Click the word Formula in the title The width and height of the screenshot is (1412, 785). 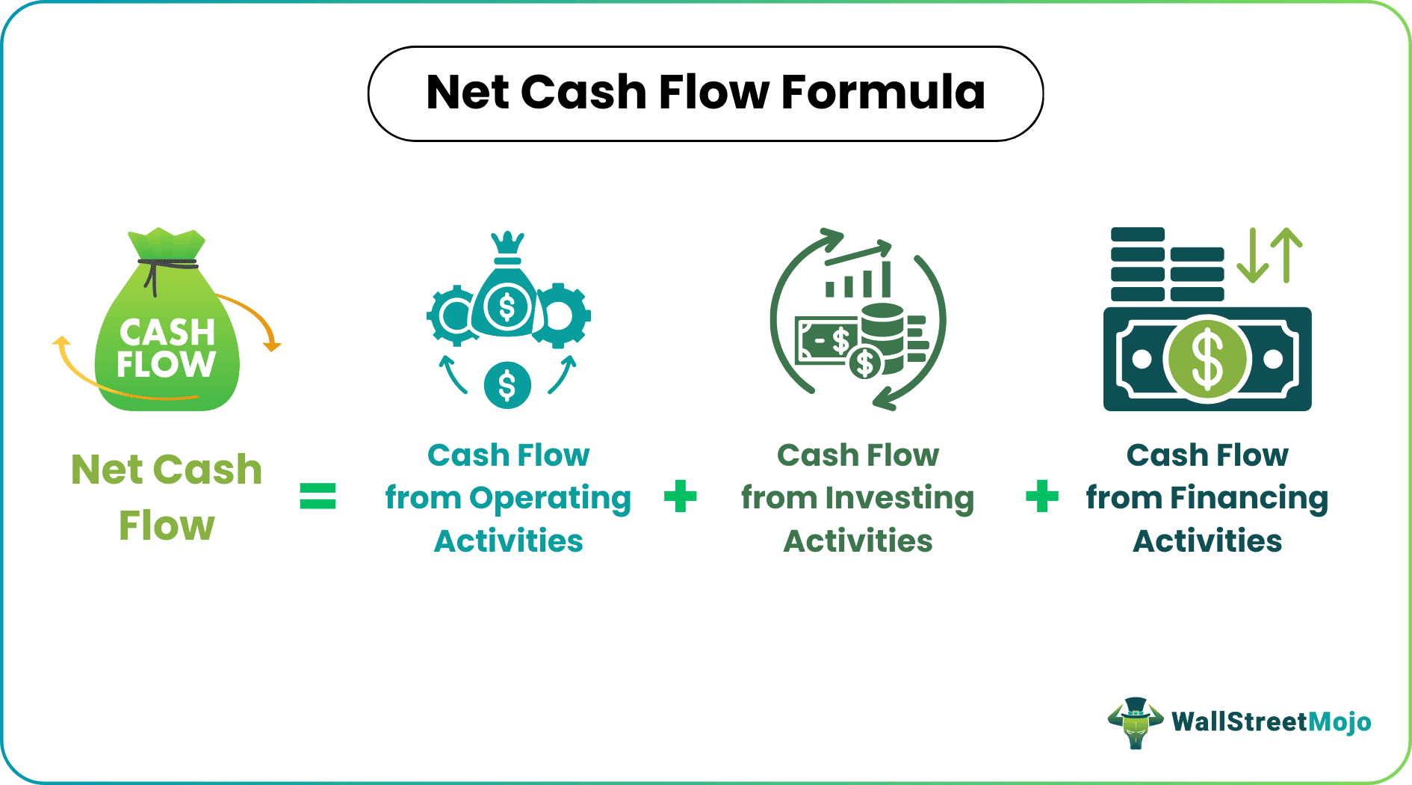point(883,93)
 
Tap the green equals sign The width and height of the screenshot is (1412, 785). point(318,496)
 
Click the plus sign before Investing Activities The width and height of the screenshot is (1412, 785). point(680,496)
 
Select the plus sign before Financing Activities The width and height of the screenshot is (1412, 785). point(1042,496)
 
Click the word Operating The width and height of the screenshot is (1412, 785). point(550,498)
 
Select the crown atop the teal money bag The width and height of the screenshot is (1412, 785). point(508,244)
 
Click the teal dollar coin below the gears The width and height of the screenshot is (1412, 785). point(507,385)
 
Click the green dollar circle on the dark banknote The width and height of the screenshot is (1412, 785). point(1207,359)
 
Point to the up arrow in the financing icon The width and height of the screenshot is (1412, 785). point(1286,254)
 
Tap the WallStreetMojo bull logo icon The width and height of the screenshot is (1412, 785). point(1135,722)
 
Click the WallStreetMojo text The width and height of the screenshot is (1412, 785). point(1271,722)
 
